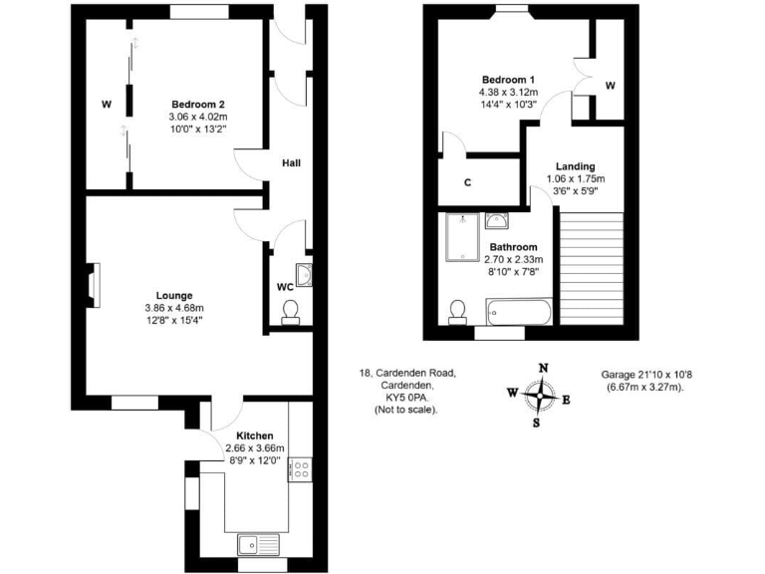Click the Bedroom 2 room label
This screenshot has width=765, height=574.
coord(197,105)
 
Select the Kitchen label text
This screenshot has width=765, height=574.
coord(255,435)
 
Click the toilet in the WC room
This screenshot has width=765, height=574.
coord(291,315)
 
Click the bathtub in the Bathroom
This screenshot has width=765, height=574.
coord(518,313)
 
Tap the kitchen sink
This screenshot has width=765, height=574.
coord(256,543)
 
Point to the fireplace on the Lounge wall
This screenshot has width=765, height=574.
coord(93,282)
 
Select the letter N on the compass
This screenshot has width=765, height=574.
coord(543,368)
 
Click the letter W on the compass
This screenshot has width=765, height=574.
coord(512,393)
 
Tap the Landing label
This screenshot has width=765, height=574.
coord(576,166)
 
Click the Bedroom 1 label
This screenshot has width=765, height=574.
coord(508,80)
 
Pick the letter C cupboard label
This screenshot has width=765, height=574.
coord(467,182)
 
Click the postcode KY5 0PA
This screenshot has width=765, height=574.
coord(405,397)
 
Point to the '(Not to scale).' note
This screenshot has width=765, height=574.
coord(404,410)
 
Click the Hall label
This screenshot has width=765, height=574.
coord(291,163)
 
